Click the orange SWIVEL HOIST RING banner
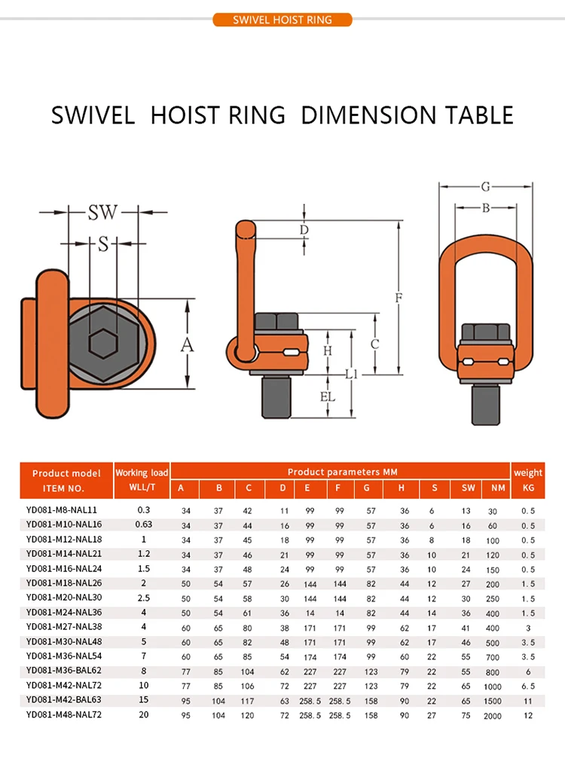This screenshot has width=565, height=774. pyautogui.click(x=282, y=20)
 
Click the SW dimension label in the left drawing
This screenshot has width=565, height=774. pyautogui.click(x=102, y=213)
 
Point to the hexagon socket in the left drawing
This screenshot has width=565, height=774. pyautogui.click(x=103, y=344)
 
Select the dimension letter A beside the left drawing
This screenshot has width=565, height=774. pyautogui.click(x=187, y=345)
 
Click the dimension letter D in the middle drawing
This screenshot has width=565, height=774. pyautogui.click(x=304, y=229)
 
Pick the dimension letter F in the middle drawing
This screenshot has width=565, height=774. pyautogui.click(x=399, y=297)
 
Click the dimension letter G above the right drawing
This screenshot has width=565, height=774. pyautogui.click(x=485, y=185)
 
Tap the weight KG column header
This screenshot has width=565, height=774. pyautogui.click(x=527, y=480)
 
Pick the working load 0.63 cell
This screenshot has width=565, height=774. pyautogui.click(x=143, y=525)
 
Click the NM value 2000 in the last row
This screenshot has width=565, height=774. pyautogui.click(x=493, y=715)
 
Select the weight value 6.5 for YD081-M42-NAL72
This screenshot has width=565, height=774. pyautogui.click(x=527, y=686)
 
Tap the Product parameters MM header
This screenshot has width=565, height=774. pyautogui.click(x=342, y=472)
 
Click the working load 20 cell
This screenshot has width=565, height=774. pyautogui.click(x=143, y=714)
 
